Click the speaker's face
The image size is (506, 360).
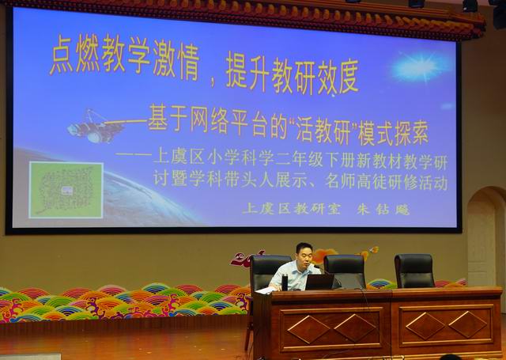coord(305,254)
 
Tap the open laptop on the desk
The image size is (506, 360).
coord(319,282)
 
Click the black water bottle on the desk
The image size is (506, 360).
coord(285,282)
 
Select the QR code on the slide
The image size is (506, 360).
coord(66,190)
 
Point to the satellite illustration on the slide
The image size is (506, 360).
coord(95,127)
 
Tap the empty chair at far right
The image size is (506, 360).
coord(414,271)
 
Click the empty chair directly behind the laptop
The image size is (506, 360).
coord(345,271)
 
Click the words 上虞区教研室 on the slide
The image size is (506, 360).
coord(292,209)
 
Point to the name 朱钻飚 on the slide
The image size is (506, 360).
coord(383,209)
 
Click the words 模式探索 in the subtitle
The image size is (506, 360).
coord(394,133)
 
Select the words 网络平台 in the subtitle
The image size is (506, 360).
coord(220,124)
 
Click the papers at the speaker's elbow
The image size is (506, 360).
coord(266,290)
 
